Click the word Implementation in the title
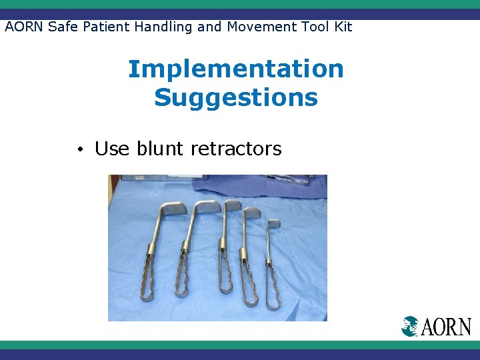pyautogui.click(x=235, y=69)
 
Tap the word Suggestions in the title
pyautogui.click(x=235, y=98)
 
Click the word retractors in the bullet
pyautogui.click(x=236, y=149)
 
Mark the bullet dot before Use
pyautogui.click(x=79, y=149)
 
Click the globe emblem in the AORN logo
pyautogui.click(x=409, y=326)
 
